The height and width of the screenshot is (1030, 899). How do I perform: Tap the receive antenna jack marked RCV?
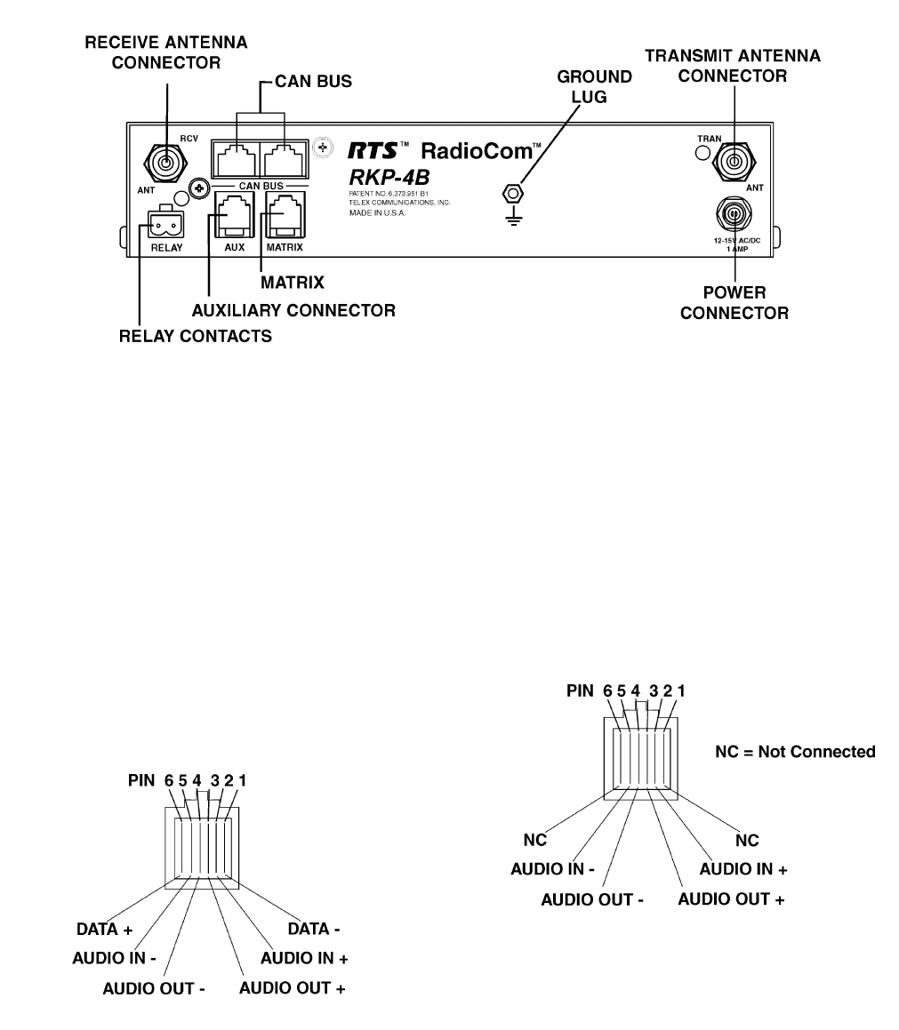pos(165,163)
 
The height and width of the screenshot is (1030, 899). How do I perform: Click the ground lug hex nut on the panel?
pos(515,193)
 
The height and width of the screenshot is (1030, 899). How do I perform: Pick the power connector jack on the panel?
pos(734,213)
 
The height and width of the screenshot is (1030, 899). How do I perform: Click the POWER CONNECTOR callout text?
pos(734,302)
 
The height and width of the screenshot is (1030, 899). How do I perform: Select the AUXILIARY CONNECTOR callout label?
pos(293,310)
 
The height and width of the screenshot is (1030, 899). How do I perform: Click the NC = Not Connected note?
pos(795,752)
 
